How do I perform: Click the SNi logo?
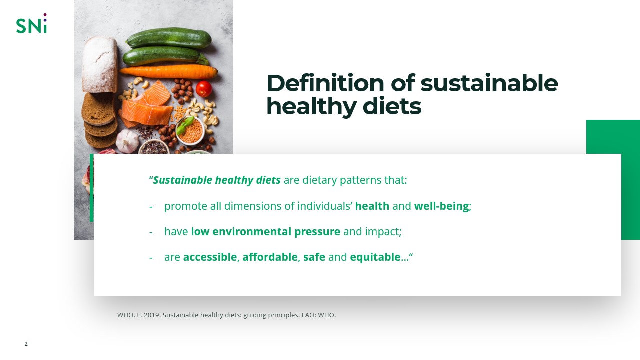31,24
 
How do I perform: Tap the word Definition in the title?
325,83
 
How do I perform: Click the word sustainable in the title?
489,83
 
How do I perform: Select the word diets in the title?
392,106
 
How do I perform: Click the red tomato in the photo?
204,89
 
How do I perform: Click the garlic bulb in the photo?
127,141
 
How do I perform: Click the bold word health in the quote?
372,206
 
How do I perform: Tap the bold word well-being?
441,206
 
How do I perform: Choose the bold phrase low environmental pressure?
265,232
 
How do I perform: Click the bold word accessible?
210,257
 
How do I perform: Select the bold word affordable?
270,257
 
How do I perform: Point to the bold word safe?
314,257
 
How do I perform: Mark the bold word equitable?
375,257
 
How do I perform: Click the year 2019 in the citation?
151,315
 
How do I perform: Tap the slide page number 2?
26,344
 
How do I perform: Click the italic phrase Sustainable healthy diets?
216,180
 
